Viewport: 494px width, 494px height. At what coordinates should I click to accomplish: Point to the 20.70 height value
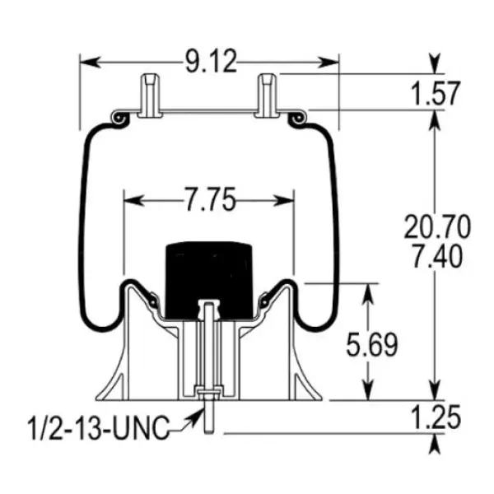(433, 225)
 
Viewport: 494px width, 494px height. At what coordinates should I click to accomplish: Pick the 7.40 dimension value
(433, 255)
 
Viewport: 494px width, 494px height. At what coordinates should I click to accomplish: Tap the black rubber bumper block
(207, 278)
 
